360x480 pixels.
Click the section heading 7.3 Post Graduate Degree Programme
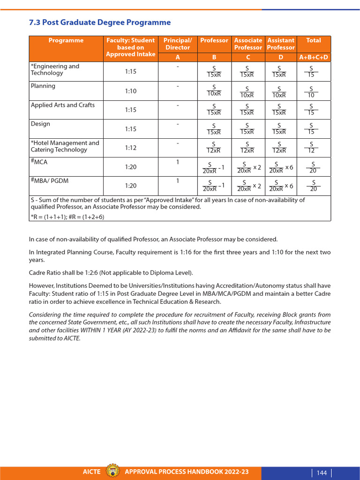click(x=100, y=22)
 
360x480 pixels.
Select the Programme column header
click(x=66, y=40)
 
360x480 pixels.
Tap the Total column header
click(x=314, y=40)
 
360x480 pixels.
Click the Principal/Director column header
click(x=178, y=44)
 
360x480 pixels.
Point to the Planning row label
click(x=43, y=86)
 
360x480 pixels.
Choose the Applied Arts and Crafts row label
click(x=63, y=105)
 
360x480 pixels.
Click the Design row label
click(x=40, y=124)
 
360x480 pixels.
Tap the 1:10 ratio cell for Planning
click(x=131, y=91)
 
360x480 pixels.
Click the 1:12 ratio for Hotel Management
click(x=131, y=148)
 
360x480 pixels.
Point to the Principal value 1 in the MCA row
click(x=178, y=162)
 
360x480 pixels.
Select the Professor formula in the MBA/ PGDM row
click(x=214, y=186)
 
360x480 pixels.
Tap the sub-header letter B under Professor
click(x=214, y=57)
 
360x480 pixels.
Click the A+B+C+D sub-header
click(x=314, y=57)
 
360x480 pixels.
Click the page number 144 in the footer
click(x=322, y=472)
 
